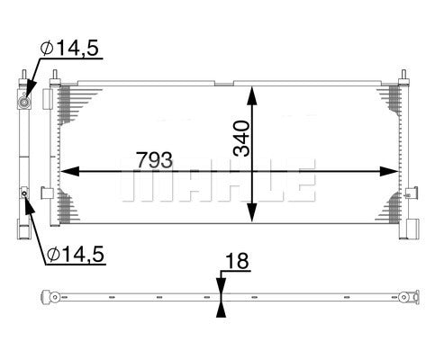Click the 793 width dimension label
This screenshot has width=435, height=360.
tap(154, 159)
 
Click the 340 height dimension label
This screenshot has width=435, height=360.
tap(241, 139)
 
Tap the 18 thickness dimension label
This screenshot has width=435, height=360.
tap(237, 261)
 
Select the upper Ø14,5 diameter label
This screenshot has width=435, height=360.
tap(69, 48)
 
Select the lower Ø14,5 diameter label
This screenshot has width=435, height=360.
tap(76, 255)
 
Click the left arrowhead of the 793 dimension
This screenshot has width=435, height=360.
tap(70, 171)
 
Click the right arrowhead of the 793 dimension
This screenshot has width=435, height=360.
tap(389, 171)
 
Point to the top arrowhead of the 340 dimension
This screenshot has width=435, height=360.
tap(252, 95)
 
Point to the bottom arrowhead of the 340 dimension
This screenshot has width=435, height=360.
tap(252, 212)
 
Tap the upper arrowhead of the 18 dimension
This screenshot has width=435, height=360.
tap(222, 285)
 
